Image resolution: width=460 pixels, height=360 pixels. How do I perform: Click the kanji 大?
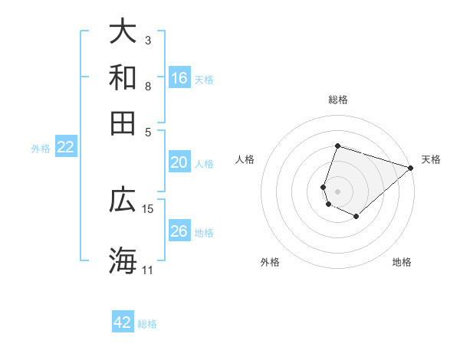point(123,32)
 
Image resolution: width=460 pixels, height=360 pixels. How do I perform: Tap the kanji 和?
point(123,77)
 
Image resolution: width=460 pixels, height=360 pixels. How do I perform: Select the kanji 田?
point(123,123)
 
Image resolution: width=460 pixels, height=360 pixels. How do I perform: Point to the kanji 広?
point(123,200)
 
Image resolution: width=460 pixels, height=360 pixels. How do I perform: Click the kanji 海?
point(123,260)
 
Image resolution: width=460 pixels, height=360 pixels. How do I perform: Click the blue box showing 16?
point(179,78)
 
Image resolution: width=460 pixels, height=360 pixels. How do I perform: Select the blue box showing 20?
point(179,162)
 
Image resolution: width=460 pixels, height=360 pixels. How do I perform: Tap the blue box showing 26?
point(179,231)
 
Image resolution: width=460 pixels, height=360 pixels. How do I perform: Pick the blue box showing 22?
point(65,148)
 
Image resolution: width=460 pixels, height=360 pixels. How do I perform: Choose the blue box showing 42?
point(123,322)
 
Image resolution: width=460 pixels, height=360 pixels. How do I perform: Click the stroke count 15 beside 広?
point(148,208)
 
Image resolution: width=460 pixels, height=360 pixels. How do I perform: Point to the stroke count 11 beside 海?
point(147,270)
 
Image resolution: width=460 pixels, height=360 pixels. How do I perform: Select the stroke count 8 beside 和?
point(148,86)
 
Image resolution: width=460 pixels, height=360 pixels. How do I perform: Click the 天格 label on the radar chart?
point(431,159)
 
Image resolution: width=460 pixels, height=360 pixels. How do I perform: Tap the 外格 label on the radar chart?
point(270,263)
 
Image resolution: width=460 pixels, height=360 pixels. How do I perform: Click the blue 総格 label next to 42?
point(147,324)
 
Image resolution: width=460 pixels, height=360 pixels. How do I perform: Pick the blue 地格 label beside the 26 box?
point(204,232)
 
